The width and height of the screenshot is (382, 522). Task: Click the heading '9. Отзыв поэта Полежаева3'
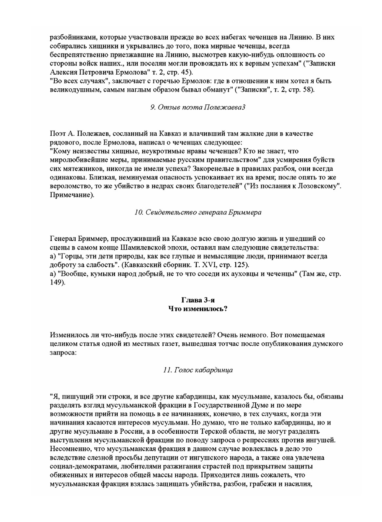(x=197, y=107)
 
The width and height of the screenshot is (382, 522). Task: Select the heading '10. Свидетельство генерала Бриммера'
(x=197, y=212)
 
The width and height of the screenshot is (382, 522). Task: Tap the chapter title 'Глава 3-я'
(x=197, y=300)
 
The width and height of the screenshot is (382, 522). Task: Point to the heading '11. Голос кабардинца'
(x=197, y=370)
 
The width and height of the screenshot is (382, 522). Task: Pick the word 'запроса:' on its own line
(x=63, y=353)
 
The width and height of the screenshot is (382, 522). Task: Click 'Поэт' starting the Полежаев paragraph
(x=58, y=133)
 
